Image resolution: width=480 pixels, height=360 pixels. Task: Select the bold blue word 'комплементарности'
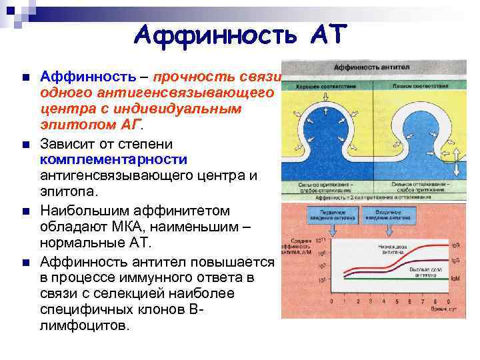(x=113, y=160)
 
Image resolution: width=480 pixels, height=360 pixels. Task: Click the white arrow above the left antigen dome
(x=324, y=109)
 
